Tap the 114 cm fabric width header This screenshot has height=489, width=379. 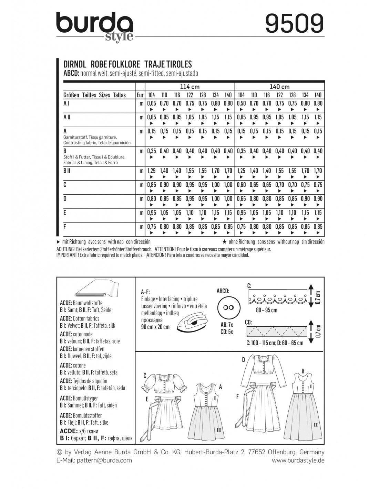pos(189,87)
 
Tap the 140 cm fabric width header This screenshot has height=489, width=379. pos(279,87)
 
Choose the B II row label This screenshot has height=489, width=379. pos(66,171)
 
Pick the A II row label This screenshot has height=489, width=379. pos(66,117)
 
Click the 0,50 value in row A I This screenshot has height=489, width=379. pos(241,103)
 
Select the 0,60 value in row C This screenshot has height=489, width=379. pos(241,185)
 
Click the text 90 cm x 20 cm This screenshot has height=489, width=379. pos(155,327)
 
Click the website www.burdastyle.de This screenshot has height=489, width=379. pos(298,460)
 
